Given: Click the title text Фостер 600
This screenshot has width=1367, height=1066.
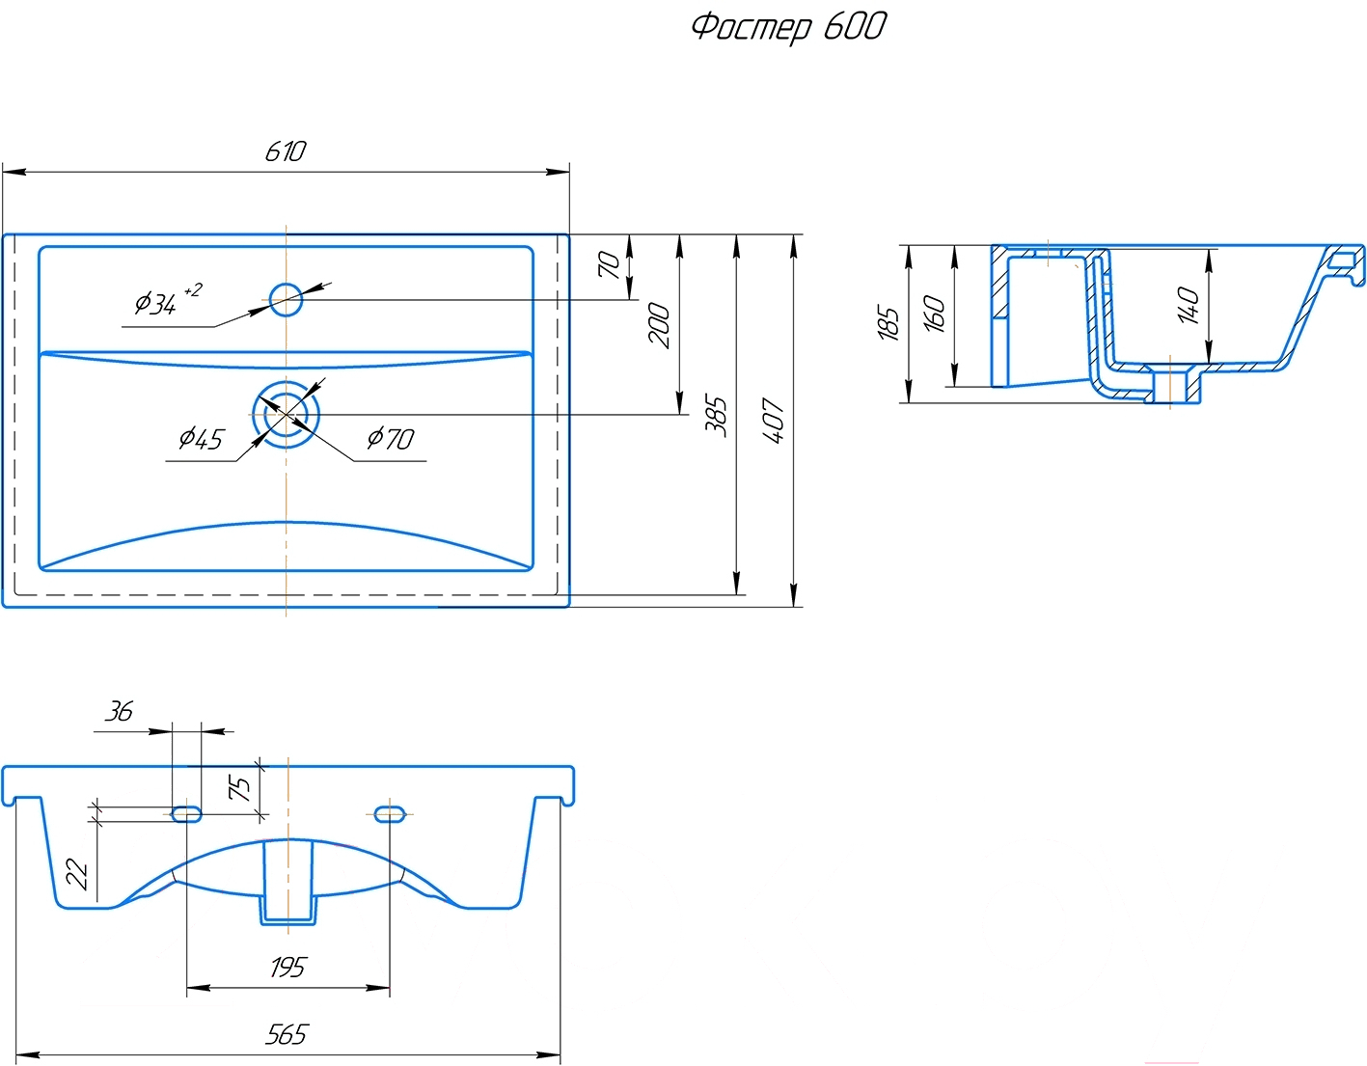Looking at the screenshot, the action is point(789,28).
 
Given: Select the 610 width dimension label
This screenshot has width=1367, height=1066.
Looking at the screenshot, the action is point(286,151).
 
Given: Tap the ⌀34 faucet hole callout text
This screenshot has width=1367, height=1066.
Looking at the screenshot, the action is point(168,301).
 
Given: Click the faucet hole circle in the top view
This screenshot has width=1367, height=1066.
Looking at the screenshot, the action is point(287,299).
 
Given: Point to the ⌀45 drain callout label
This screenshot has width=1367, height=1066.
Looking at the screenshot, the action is point(201,438).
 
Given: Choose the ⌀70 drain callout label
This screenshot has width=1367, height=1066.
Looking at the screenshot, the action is point(391,438).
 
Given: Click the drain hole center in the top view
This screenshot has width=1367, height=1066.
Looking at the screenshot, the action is point(287,415).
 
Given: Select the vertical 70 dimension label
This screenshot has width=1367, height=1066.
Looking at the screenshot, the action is point(609,264).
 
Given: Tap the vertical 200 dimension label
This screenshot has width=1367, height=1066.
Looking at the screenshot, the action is point(659,326).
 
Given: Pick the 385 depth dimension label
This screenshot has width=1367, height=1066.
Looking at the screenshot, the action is point(716,417).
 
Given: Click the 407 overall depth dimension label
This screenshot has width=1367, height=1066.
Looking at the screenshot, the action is point(774,420).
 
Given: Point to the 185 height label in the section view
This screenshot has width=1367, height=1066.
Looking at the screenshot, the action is point(888,324).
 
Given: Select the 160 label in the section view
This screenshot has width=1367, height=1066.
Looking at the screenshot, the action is point(934,314).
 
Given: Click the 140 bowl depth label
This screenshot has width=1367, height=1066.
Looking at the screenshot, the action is point(1189,305).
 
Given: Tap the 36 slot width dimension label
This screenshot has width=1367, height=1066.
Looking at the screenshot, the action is point(119,711).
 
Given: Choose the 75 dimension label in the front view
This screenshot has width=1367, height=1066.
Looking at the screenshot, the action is point(239,787).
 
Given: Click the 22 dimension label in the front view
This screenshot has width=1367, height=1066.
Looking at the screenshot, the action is point(77,874).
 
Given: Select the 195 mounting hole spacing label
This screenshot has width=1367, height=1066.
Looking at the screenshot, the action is point(287,968).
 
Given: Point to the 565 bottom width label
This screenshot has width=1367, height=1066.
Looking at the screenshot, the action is point(287,1034).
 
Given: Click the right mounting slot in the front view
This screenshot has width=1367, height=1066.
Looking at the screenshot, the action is point(390,815).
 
